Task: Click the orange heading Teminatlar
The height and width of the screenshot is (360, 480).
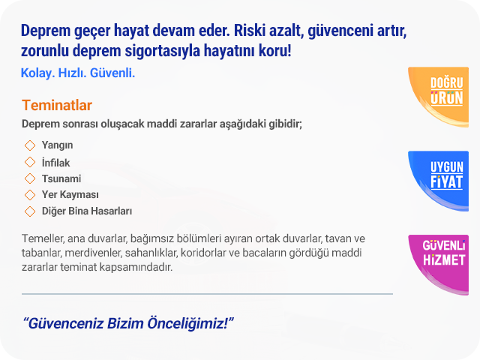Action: (57, 105)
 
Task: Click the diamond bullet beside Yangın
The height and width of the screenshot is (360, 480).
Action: (30, 145)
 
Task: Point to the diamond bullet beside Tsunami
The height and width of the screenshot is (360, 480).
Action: (30, 178)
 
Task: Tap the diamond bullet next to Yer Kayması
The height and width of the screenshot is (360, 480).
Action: (30, 195)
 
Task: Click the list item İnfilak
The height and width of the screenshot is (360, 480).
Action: (55, 163)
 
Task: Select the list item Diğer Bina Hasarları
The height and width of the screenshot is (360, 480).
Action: (87, 211)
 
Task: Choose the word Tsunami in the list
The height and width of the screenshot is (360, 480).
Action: (61, 178)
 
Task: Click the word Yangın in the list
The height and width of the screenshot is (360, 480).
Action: (57, 145)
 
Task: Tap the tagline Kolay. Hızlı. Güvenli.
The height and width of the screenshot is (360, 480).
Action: (78, 73)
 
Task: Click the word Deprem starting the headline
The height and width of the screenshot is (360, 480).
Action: (46, 31)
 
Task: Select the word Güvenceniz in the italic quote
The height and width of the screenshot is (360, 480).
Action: (63, 323)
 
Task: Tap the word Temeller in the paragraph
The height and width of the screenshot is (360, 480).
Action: (43, 238)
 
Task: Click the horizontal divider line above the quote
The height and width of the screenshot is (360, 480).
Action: (207, 294)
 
